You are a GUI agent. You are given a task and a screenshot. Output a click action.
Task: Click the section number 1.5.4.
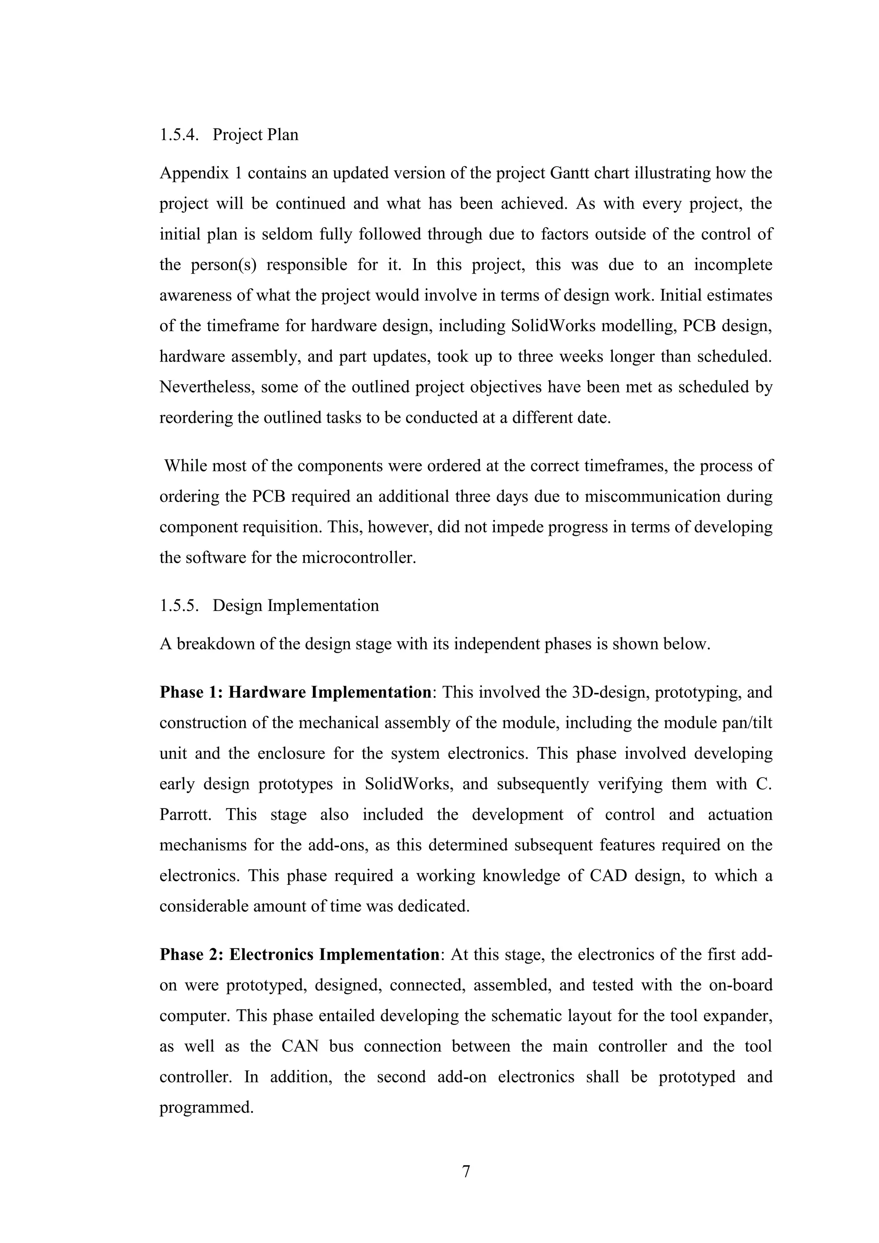[179, 134]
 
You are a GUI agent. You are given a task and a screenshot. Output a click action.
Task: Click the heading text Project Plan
[255, 134]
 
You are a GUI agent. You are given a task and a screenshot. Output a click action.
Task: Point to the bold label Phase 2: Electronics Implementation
[299, 954]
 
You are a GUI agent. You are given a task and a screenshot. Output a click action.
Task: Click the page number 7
[466, 1172]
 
